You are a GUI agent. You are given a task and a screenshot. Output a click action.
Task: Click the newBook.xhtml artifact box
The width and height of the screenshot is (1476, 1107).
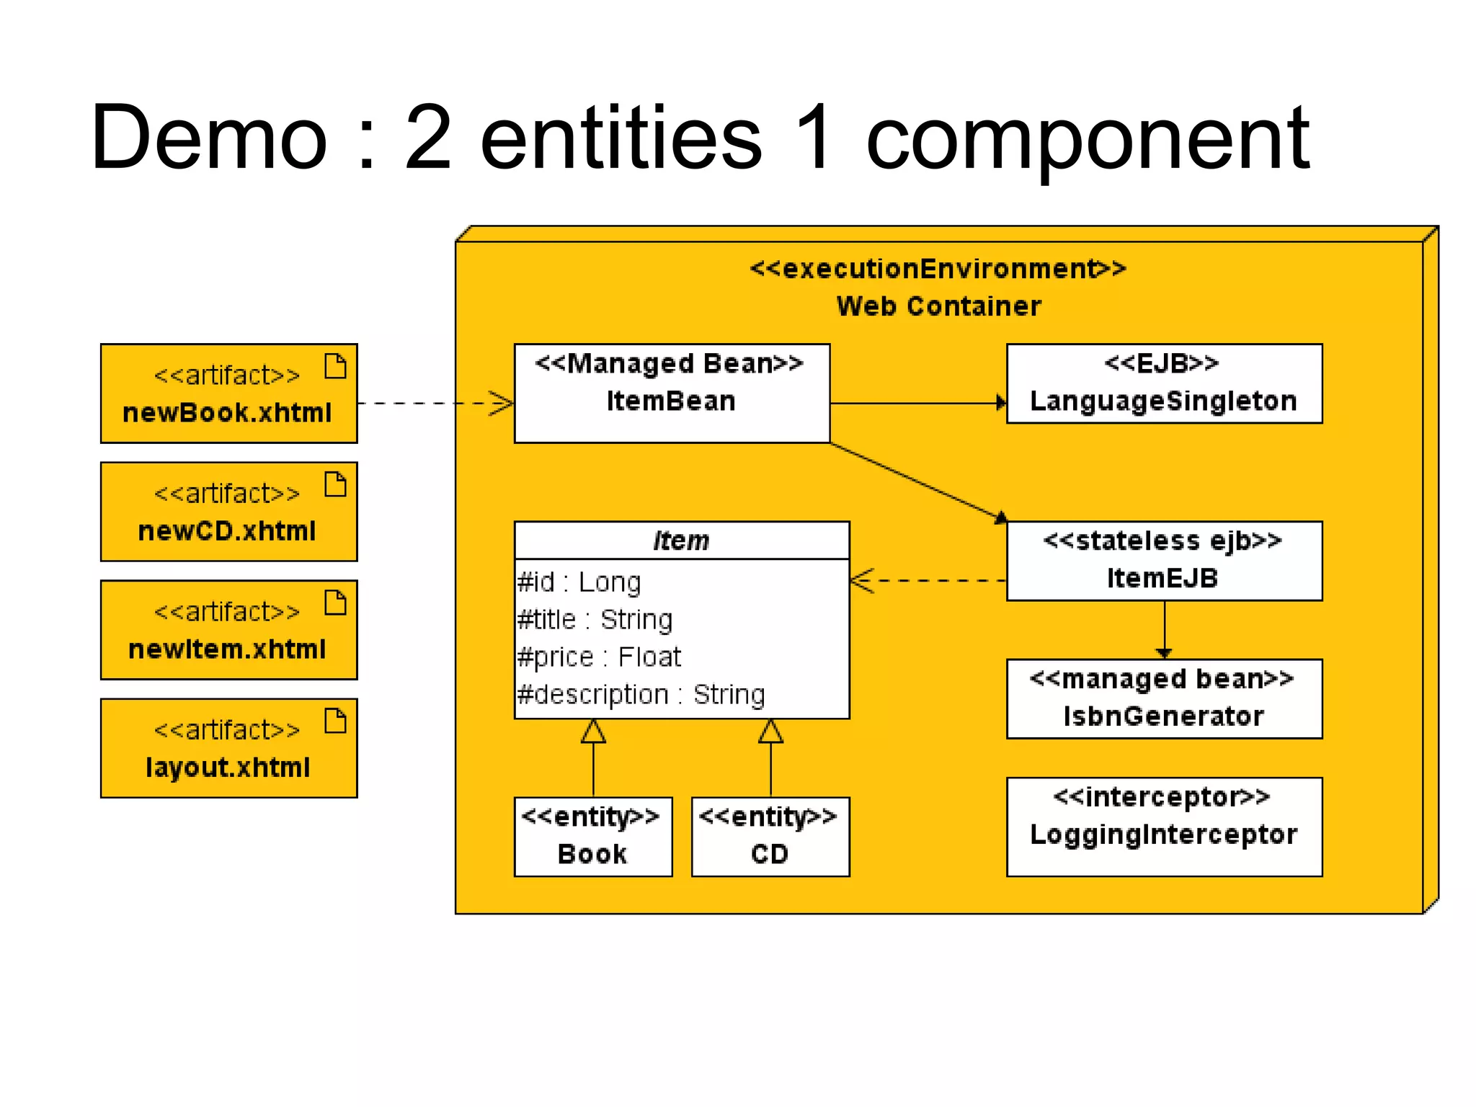coord(228,394)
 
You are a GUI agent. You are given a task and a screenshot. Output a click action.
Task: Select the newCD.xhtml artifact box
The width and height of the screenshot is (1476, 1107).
coord(228,512)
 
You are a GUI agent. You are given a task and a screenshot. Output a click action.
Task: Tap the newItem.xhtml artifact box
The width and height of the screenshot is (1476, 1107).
coord(228,630)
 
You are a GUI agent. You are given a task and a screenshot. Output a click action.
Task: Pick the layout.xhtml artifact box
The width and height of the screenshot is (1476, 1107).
coord(228,748)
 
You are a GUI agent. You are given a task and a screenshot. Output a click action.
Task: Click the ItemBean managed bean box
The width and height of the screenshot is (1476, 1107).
coord(672,394)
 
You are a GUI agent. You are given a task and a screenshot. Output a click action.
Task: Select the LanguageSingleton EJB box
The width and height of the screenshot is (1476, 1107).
coord(1164,383)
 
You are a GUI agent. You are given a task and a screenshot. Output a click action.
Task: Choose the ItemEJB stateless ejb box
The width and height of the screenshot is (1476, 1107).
coord(1164,561)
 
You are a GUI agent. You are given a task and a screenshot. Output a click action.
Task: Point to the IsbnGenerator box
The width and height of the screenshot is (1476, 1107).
coord(1164,698)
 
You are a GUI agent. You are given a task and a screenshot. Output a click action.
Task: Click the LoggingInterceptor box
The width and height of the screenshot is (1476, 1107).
coord(1164,827)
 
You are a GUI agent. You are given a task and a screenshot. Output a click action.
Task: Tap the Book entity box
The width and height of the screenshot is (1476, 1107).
coord(593,837)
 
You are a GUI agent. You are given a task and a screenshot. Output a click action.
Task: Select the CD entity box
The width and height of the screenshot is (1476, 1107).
coord(770,837)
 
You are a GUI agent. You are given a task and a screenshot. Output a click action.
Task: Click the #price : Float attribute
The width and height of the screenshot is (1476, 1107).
coord(599,657)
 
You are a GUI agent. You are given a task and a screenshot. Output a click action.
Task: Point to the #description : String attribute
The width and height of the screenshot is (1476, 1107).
coord(641,695)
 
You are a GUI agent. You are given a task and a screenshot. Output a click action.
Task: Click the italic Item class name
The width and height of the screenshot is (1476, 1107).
coord(681,541)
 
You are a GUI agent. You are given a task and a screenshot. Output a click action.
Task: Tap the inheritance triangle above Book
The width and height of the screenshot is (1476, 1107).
coord(593,732)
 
